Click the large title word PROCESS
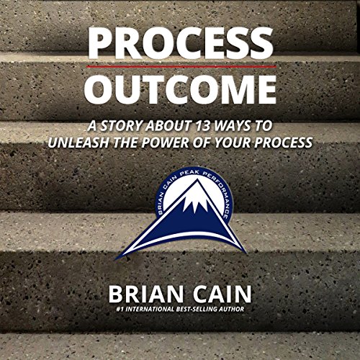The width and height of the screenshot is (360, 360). [180, 43]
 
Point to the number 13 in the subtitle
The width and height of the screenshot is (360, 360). [210, 124]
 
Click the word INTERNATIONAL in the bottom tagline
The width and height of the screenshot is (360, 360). [147, 312]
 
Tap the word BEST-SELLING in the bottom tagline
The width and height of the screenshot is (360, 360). [202, 312]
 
